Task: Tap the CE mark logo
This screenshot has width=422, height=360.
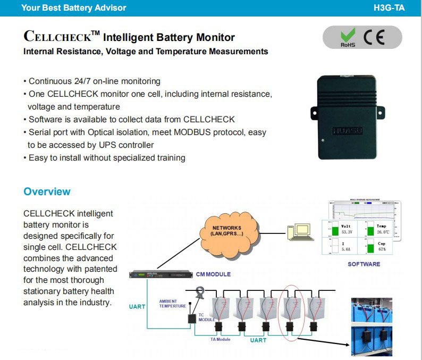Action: pyautogui.click(x=375, y=38)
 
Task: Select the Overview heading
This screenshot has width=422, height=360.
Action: pyautogui.click(x=47, y=191)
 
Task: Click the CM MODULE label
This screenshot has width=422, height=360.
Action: pyautogui.click(x=213, y=274)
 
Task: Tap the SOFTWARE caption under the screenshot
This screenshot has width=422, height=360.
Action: pyautogui.click(x=364, y=264)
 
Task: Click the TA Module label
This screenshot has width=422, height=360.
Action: pyautogui.click(x=221, y=339)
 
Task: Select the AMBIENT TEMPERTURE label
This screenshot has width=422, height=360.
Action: pyautogui.click(x=173, y=304)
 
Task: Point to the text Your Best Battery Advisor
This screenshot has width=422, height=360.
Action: pyautogui.click(x=74, y=8)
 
